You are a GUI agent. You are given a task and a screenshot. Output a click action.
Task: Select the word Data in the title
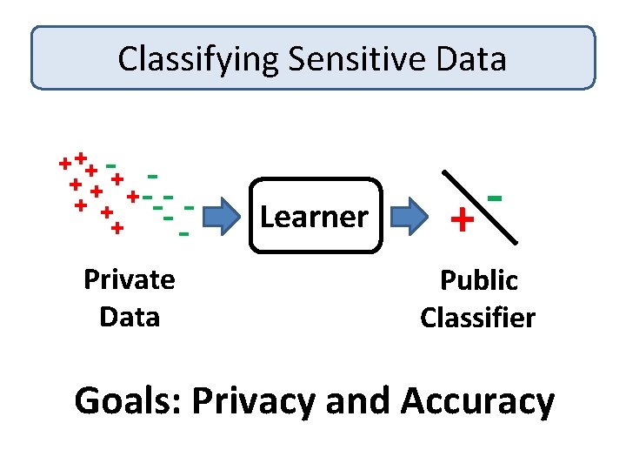coord(472,59)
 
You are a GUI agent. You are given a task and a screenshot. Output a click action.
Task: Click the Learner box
coord(315,216)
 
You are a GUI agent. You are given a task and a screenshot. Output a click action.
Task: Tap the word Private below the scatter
coord(129,279)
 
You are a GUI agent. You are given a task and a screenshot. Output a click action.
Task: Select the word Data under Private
coord(129,316)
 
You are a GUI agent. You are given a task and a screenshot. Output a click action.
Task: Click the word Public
coord(478,280)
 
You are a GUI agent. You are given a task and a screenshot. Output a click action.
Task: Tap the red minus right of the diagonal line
coord(496,198)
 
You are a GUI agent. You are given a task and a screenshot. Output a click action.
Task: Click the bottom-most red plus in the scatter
coord(117,228)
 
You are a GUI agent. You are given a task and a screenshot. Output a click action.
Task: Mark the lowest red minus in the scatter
coord(183,234)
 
